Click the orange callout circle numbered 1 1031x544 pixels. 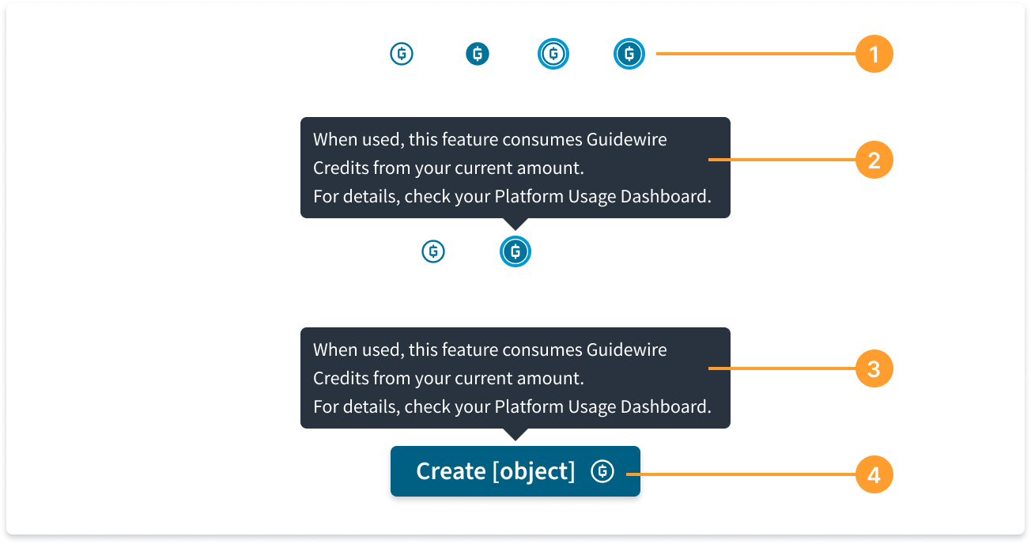874,54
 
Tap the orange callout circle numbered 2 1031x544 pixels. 874,160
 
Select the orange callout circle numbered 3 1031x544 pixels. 874,368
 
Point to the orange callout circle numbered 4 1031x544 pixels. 874,474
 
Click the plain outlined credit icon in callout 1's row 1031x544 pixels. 402,54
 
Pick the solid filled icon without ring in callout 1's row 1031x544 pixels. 478,54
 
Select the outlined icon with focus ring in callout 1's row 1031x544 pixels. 553,54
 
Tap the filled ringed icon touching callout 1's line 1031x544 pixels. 629,54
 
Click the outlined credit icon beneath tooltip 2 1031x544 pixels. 433,251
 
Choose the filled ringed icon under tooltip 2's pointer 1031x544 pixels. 515,251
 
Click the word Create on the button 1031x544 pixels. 451,471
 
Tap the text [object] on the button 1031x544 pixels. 534,472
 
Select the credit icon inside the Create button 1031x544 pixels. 602,471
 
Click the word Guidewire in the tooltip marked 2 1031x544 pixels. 626,139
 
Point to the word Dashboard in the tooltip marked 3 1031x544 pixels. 666,407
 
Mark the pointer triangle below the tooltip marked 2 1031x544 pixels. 515,224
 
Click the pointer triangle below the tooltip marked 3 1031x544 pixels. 515,434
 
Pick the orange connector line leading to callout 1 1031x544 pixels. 756,54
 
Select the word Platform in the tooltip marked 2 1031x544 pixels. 529,197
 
